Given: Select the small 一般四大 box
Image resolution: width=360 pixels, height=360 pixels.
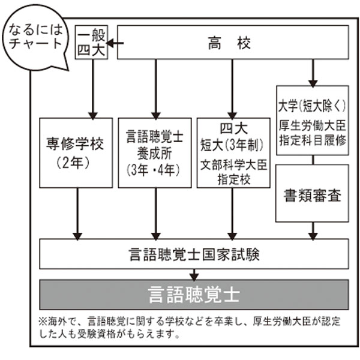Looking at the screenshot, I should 91,43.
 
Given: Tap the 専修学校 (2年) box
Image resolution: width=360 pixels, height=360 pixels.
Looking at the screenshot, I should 75,152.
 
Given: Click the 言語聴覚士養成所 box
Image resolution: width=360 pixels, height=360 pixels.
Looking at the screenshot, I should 155,152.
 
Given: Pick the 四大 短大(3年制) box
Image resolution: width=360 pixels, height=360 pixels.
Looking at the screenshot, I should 233,152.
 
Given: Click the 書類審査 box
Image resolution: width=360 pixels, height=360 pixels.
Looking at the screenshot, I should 312,196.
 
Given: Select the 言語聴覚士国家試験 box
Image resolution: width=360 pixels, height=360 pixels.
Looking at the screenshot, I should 194,254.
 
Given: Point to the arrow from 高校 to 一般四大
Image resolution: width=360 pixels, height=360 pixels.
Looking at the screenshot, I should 113,43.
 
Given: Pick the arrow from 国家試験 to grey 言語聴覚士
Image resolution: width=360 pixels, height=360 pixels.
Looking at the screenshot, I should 194,274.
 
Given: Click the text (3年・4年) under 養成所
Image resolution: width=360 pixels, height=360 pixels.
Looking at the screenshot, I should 155,169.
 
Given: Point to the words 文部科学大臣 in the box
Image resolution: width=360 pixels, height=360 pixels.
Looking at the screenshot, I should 233,164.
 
